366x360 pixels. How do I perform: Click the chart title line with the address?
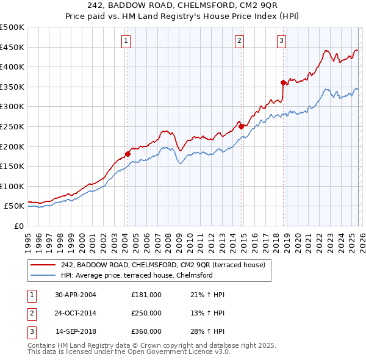pyautogui.click(x=183, y=5)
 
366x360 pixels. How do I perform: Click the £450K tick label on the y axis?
pyautogui.click(x=12, y=47)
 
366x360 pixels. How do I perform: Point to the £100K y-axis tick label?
pyautogui.click(x=12, y=186)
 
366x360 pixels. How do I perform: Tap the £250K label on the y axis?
pyautogui.click(x=12, y=126)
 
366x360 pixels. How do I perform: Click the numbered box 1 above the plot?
pyautogui.click(x=126, y=41)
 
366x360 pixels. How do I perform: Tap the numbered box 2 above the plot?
pyautogui.click(x=239, y=41)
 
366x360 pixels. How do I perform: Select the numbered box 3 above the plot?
pyautogui.click(x=281, y=41)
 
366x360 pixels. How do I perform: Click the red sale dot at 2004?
pyautogui.click(x=127, y=154)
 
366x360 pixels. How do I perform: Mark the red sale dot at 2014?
pyautogui.click(x=241, y=126)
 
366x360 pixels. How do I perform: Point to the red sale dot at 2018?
pyautogui.click(x=283, y=82)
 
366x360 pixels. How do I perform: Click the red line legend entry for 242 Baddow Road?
pyautogui.click(x=162, y=265)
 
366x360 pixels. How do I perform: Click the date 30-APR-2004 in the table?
pyautogui.click(x=76, y=295)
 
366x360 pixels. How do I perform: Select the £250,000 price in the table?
pyautogui.click(x=146, y=313)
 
